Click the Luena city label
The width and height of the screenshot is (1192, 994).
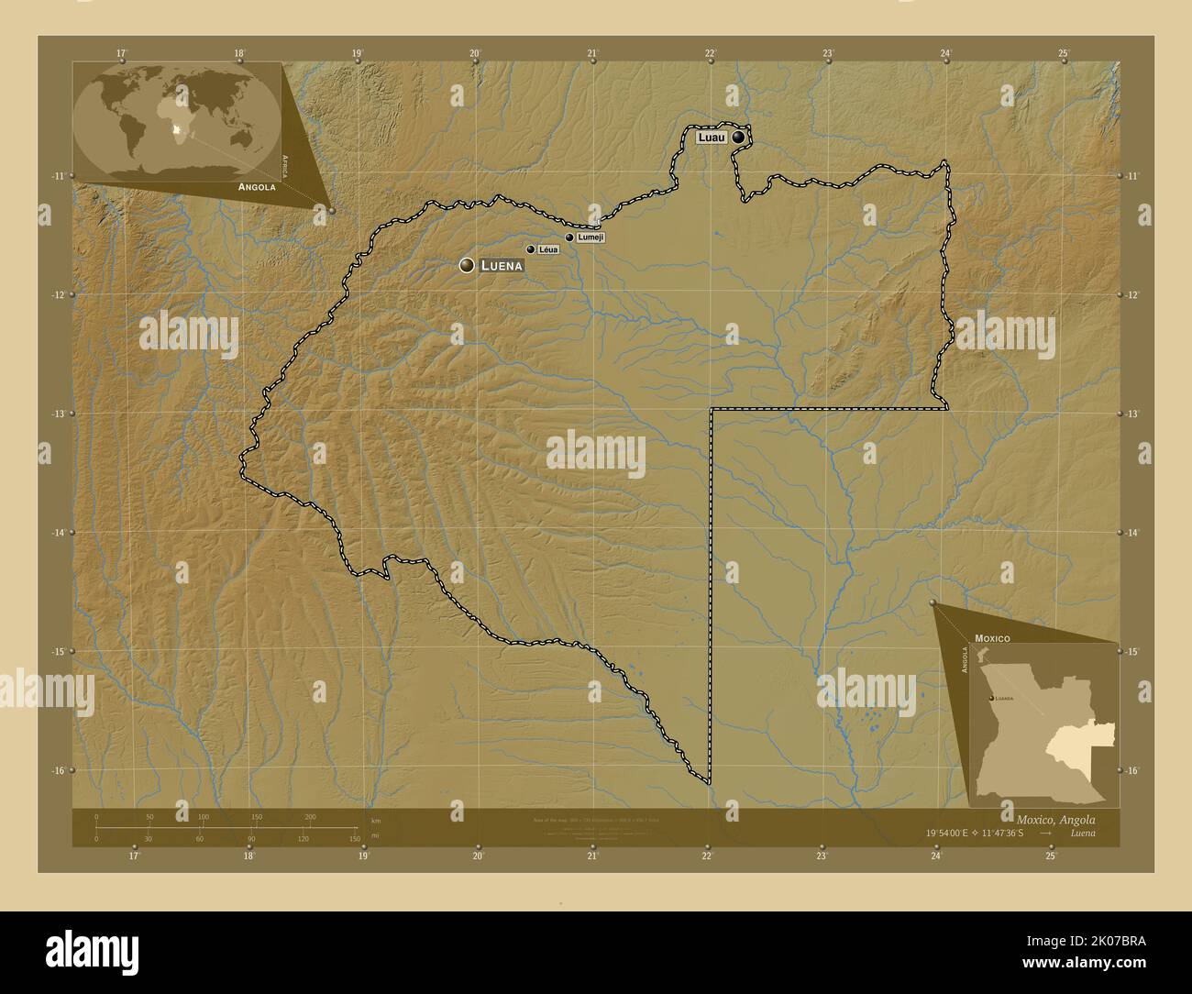(x=502, y=266)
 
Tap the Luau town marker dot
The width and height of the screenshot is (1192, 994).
(x=738, y=138)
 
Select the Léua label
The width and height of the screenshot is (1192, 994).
(x=548, y=249)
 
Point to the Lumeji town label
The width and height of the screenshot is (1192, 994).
(x=590, y=237)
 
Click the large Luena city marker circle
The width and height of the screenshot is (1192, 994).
(x=467, y=265)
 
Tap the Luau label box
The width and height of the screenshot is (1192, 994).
(x=712, y=138)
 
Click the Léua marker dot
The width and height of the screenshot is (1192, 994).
(x=530, y=249)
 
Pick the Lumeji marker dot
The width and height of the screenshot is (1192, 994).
(x=569, y=237)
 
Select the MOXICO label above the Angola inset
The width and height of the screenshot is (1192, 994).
(x=992, y=636)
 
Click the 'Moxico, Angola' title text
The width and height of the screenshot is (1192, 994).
(x=1054, y=819)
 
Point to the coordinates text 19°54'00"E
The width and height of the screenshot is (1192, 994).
(x=955, y=833)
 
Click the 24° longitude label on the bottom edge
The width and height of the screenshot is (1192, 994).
(x=936, y=856)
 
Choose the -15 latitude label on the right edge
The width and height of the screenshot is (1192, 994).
(x=1134, y=651)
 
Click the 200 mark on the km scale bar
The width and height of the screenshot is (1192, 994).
(x=310, y=816)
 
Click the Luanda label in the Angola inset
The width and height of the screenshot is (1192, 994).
(x=1005, y=698)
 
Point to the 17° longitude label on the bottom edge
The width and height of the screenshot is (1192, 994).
(x=134, y=856)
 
